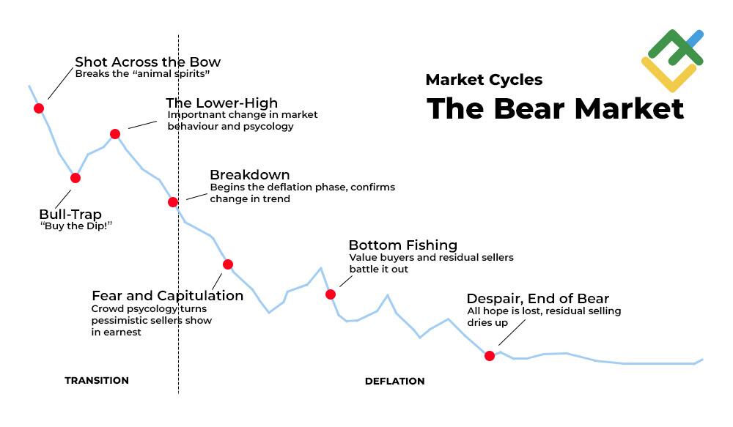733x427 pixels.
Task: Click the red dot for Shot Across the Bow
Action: tap(39, 108)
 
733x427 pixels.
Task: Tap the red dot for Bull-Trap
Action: tap(75, 178)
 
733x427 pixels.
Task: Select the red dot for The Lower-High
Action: tap(115, 133)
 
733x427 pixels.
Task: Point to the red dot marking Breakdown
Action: tap(173, 202)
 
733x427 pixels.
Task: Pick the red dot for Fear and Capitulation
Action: tap(228, 264)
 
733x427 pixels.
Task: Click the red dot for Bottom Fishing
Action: tap(331, 294)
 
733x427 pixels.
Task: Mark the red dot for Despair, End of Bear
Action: tap(490, 356)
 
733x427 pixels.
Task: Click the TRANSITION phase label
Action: tap(97, 381)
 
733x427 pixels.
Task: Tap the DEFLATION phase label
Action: tap(394, 382)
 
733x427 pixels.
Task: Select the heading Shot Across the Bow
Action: tap(147, 62)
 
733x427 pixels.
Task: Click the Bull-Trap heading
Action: tap(70, 215)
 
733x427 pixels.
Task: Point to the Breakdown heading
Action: tap(249, 175)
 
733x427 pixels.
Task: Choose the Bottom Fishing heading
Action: tap(402, 245)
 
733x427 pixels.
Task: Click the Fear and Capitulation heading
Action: tap(167, 296)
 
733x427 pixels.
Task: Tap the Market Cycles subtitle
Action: tap(484, 80)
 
